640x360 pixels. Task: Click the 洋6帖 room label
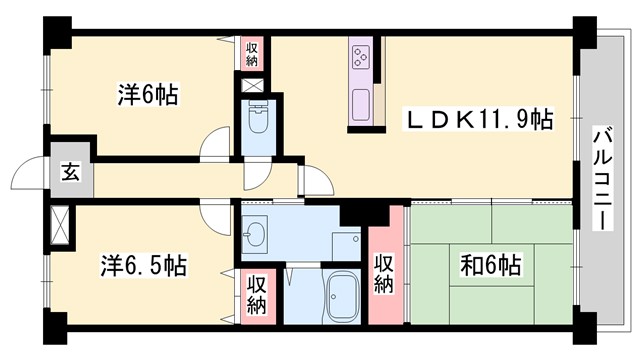pos(147,96)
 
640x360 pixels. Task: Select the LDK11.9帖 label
pos(479,119)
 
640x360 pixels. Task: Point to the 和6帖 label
pos(488,266)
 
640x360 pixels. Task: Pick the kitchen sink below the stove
pos(360,101)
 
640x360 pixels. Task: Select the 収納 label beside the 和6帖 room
pos(384,272)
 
